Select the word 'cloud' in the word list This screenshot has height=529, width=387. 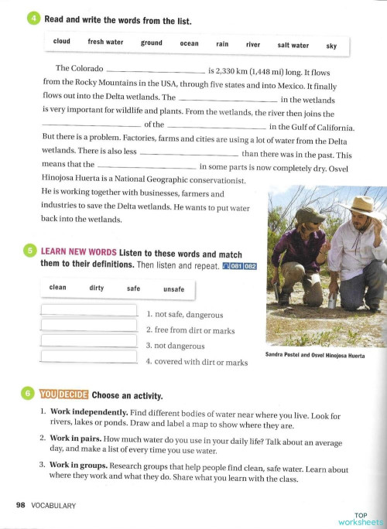click(x=62, y=42)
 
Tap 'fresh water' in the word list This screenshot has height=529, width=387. click(x=105, y=43)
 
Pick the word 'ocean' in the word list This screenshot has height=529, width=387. click(x=189, y=44)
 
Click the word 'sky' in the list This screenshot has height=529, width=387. click(x=331, y=46)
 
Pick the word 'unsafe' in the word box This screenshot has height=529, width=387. click(x=174, y=289)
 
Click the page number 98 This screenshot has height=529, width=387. click(x=20, y=505)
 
